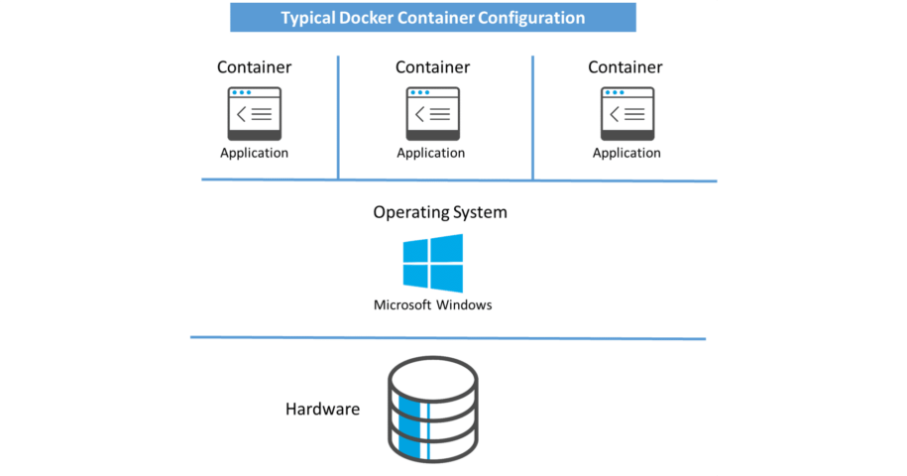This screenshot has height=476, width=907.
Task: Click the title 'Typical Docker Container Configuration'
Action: point(432,18)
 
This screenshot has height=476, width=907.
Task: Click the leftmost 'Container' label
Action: point(254,67)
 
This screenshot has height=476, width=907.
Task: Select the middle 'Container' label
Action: point(432,67)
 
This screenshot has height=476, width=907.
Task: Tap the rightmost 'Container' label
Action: point(625,67)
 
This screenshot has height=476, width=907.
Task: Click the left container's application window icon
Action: point(255,113)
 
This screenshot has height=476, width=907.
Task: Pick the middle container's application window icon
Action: point(432,113)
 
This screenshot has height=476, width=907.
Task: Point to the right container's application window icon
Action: point(626,113)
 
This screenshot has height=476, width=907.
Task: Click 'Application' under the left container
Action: point(254,153)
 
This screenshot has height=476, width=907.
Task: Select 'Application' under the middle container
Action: point(431,153)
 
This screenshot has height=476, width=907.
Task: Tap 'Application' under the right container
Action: point(626,153)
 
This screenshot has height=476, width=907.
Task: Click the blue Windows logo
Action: point(433,263)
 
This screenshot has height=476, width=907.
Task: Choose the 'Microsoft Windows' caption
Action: point(432,305)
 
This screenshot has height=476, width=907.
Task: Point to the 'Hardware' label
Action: point(322,409)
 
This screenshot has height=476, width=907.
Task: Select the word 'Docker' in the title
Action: point(365,18)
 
